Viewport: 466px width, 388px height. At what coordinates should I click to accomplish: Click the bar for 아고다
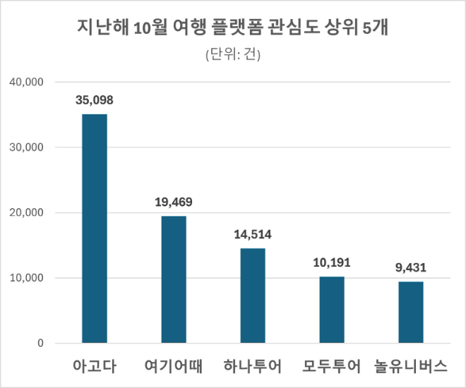95,229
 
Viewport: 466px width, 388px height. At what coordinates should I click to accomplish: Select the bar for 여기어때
174,279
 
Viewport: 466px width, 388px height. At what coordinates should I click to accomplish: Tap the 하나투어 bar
253,296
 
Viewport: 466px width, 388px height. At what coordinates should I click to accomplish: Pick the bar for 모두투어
332,310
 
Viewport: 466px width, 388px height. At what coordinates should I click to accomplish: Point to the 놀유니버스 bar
411,313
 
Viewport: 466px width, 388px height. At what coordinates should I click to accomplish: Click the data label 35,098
95,99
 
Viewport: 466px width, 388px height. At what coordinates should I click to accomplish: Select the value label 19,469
174,202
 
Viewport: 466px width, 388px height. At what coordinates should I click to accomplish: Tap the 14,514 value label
253,234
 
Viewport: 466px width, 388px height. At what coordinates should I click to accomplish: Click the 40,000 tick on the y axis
27,82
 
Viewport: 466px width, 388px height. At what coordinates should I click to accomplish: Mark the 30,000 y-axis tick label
27,147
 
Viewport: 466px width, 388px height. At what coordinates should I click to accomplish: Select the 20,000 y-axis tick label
27,212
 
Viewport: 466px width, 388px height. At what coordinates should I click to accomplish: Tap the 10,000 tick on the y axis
27,278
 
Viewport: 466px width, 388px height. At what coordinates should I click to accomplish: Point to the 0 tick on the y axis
41,344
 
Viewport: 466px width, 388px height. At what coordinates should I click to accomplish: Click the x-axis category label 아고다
95,367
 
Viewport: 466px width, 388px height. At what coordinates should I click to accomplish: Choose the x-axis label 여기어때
174,367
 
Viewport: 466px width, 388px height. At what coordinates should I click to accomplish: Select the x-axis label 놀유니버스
411,367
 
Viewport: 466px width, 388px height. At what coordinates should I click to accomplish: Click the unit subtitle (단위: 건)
233,55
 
